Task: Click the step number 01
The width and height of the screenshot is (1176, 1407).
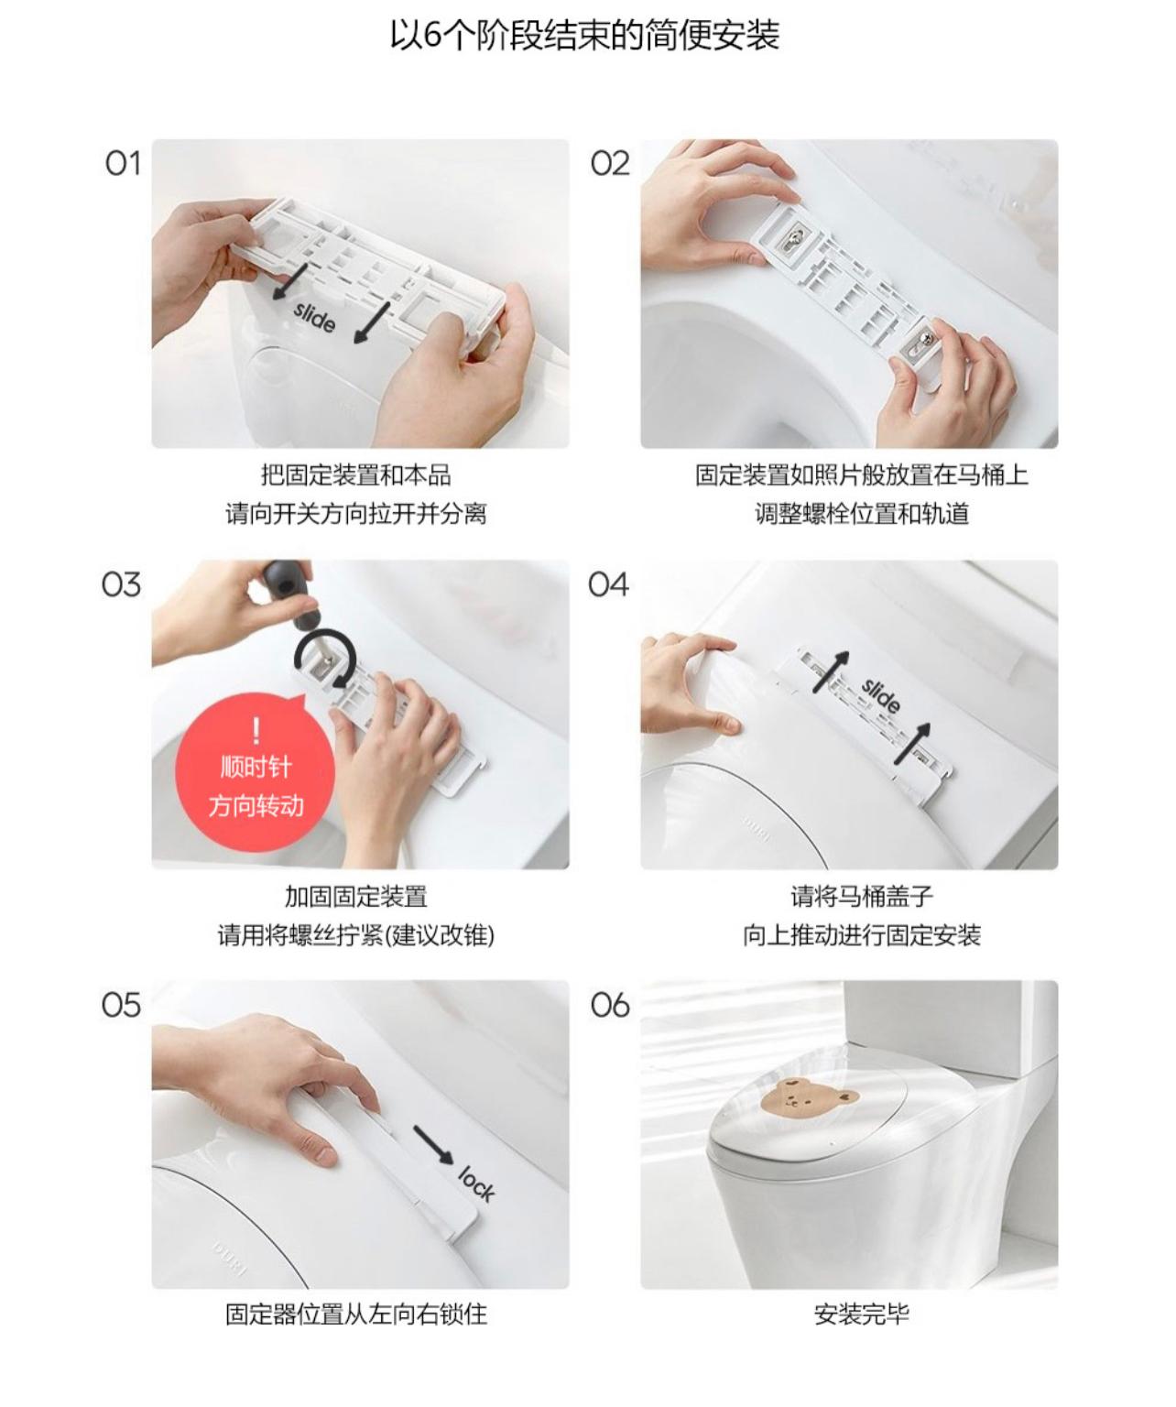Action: coord(123,164)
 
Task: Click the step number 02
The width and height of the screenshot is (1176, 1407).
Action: coord(610,164)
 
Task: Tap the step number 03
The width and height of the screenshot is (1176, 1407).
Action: coord(121,584)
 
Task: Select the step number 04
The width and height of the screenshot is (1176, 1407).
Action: coord(608,584)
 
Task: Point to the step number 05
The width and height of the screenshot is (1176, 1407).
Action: coord(121,1005)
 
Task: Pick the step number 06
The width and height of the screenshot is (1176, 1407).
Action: coord(610,1005)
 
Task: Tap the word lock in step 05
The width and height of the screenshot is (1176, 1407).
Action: coord(477,1183)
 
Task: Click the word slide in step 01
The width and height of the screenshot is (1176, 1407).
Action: coord(314,317)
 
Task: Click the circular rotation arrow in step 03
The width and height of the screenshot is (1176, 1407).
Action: coord(325,657)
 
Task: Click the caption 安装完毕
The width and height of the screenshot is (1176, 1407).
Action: coord(861,1314)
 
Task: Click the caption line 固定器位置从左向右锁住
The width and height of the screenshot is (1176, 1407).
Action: coord(356,1314)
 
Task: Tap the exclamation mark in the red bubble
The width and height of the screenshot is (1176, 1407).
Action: coord(256,731)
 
